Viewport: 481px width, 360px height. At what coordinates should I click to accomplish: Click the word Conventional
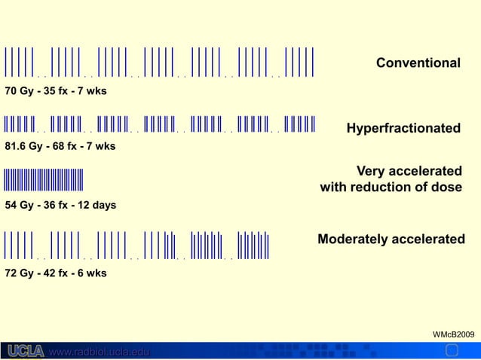pos(418,62)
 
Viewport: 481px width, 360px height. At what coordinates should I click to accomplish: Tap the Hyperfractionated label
pos(403,129)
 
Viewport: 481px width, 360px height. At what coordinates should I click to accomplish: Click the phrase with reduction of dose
pos(391,187)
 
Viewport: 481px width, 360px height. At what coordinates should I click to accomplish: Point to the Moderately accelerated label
pos(391,239)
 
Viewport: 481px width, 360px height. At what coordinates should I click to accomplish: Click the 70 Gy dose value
pos(20,92)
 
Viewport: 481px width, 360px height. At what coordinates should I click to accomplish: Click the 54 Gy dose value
pos(20,205)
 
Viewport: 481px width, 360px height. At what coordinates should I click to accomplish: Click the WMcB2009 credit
pos(452,333)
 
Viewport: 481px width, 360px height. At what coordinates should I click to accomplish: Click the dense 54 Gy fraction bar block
pos(43,181)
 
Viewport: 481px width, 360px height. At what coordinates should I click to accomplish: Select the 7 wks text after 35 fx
pos(93,92)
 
